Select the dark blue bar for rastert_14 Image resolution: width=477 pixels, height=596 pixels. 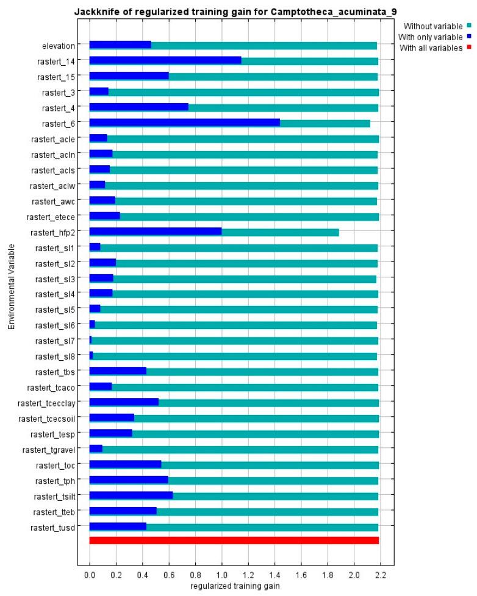click(165, 60)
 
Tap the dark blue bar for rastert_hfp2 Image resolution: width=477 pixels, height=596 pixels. click(156, 232)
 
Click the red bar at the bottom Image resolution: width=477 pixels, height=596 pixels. click(234, 541)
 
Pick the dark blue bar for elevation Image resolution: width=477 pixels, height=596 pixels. click(120, 45)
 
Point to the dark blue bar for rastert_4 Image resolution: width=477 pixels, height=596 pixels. click(139, 107)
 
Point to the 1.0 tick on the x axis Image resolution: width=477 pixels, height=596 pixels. click(222, 575)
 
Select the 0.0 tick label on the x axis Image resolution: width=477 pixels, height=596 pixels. click(90, 575)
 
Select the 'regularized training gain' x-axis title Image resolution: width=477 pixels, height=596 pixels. click(234, 586)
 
